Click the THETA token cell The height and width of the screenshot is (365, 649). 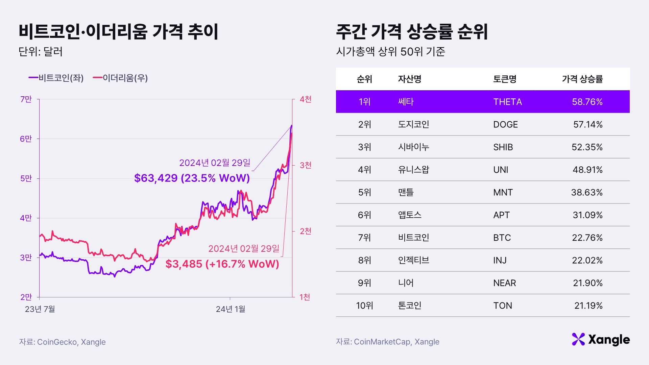point(507,102)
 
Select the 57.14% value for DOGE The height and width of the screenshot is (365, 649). point(587,124)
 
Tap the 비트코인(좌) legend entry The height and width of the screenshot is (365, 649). point(56,78)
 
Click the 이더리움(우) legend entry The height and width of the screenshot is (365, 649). point(120,78)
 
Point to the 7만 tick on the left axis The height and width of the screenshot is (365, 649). point(26,99)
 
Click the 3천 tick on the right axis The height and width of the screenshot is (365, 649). point(305,165)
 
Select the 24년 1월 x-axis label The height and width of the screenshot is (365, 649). point(231,309)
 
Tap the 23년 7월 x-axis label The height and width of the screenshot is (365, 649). point(40,309)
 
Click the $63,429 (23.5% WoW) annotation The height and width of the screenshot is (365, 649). point(192,178)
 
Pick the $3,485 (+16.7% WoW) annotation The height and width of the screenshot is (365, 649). point(222,264)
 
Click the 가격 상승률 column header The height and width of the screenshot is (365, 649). point(582,79)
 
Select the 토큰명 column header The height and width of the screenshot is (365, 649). point(505,79)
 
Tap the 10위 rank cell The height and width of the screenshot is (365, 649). point(364,306)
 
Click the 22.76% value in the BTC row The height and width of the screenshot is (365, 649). point(587,238)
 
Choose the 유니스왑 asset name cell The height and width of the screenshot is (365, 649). point(413,170)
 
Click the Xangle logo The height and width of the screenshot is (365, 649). point(601,339)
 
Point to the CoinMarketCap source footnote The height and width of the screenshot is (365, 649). point(387,342)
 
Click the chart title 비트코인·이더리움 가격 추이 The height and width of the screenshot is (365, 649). point(118,32)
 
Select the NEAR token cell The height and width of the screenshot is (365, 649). point(504,283)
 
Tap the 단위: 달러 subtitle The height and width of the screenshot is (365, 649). point(41,52)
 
